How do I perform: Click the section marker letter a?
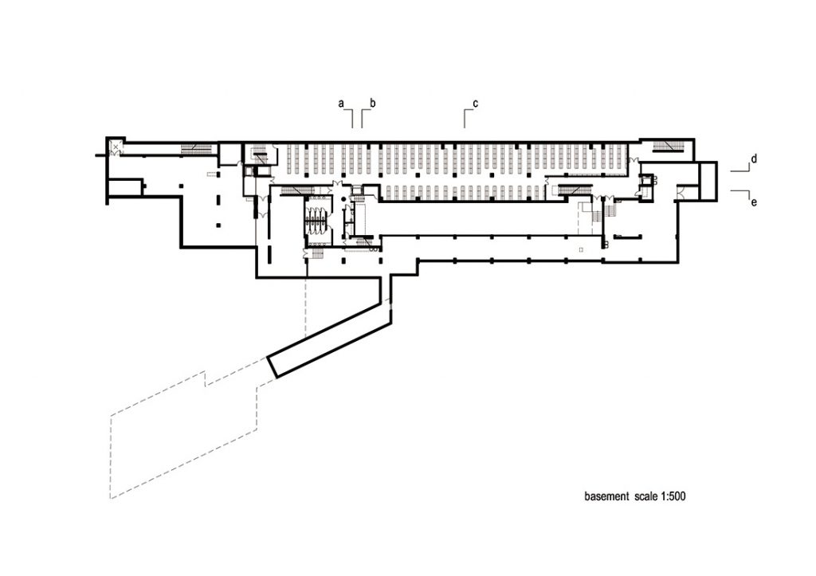coord(341,104)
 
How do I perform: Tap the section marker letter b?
coord(373,103)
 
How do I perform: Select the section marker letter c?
coord(475,104)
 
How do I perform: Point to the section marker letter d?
coord(754,159)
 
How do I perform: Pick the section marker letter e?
coord(754,202)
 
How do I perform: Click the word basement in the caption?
coord(606,496)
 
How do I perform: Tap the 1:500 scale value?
coord(673,496)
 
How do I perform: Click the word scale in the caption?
coord(645,496)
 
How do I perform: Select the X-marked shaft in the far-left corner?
coord(115,147)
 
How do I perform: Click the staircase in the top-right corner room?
coord(667,147)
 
